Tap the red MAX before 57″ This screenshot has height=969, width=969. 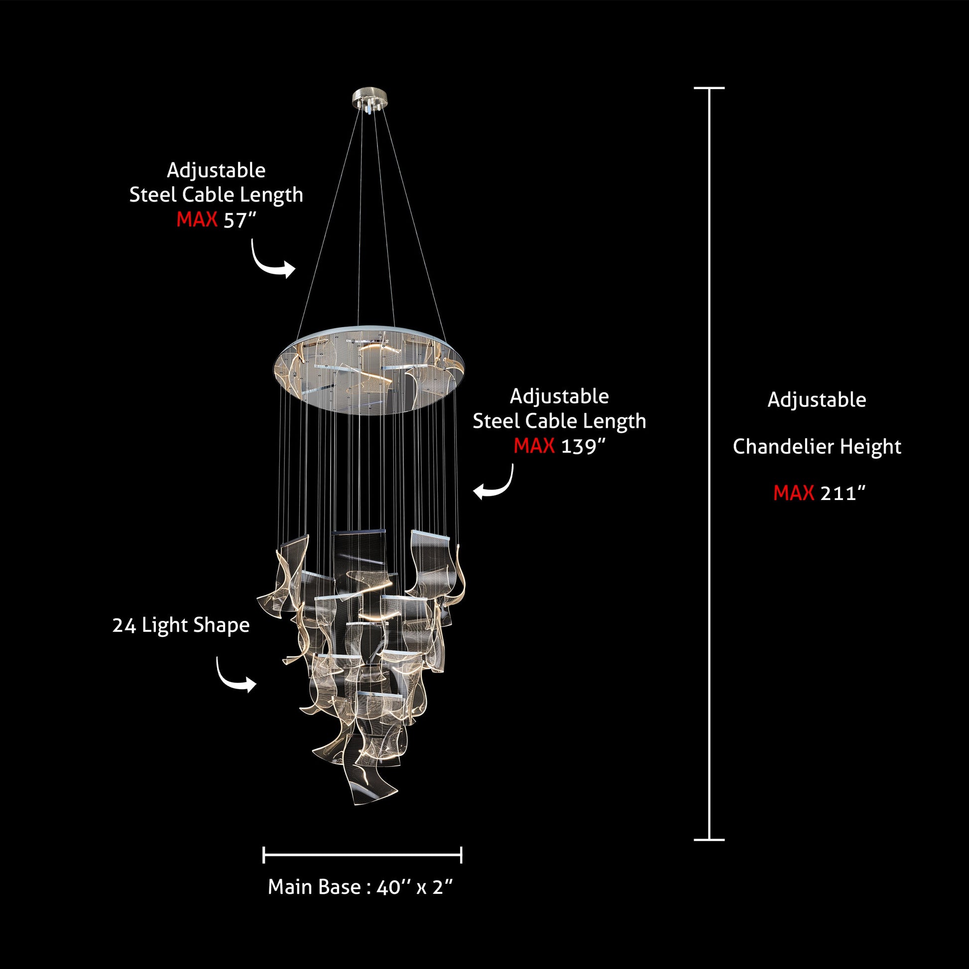(x=197, y=219)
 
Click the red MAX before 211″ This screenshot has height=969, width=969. (x=793, y=493)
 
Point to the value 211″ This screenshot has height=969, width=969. (x=843, y=493)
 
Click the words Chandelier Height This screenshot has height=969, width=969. (x=817, y=446)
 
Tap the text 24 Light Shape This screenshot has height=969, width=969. (x=181, y=625)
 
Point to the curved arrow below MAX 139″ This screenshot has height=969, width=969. (x=494, y=484)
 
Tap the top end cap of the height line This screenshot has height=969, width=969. (x=709, y=88)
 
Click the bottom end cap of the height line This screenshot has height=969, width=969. (x=709, y=840)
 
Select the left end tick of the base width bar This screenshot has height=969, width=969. (x=264, y=854)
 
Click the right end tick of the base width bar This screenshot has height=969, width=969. (x=461, y=854)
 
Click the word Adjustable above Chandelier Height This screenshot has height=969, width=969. (x=817, y=400)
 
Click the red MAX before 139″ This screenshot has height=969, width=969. (x=534, y=445)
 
